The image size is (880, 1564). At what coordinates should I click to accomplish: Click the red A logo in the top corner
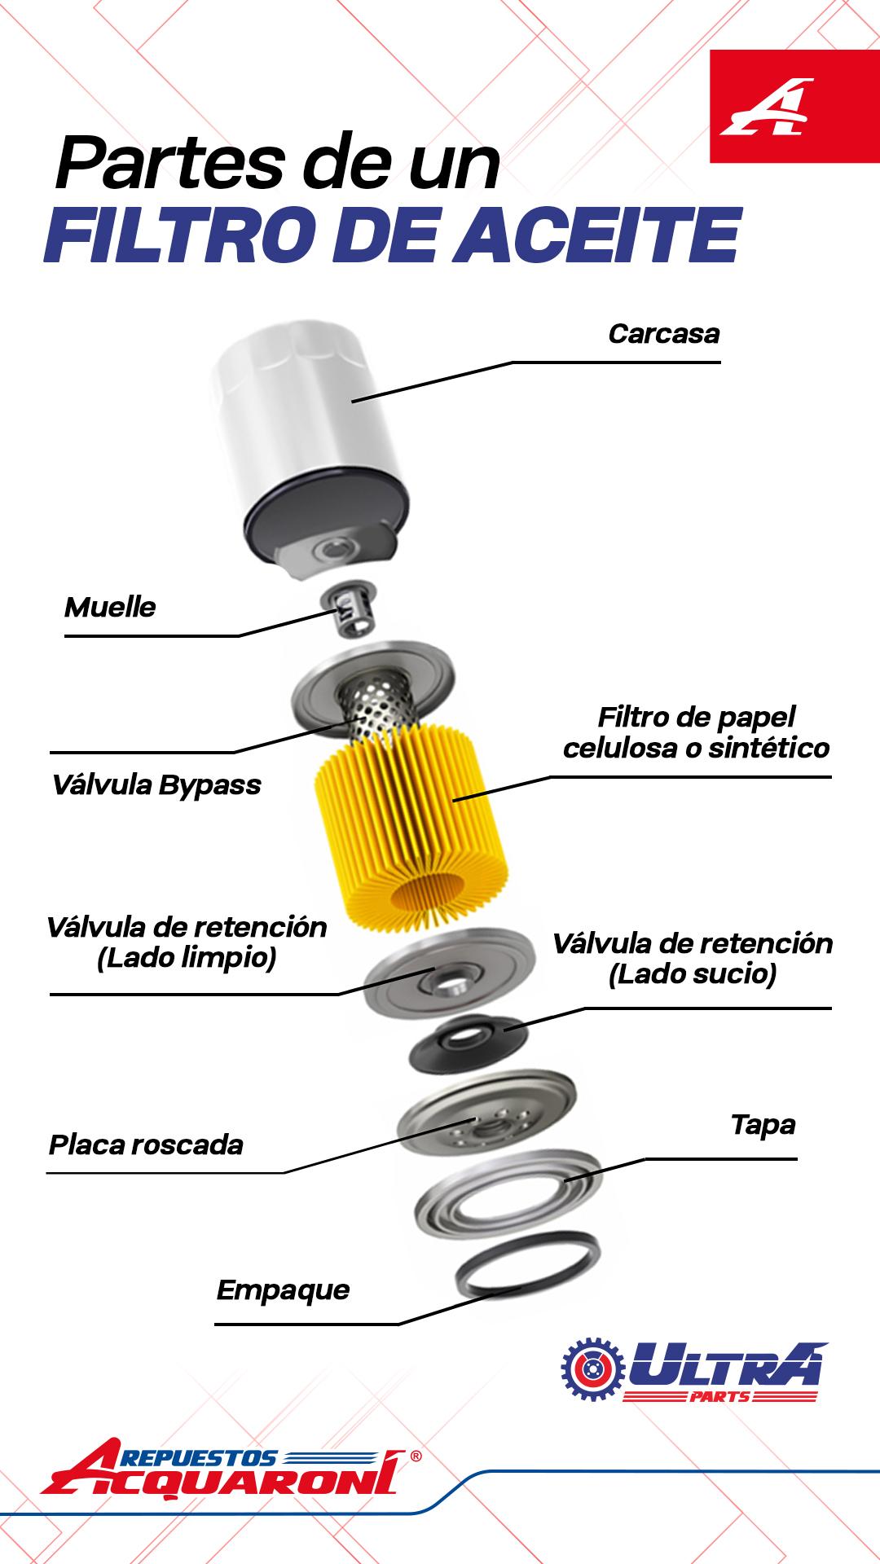pyautogui.click(x=767, y=107)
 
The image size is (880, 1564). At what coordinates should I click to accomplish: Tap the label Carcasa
pyautogui.click(x=663, y=334)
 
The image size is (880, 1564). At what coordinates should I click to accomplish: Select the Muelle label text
pyautogui.click(x=110, y=608)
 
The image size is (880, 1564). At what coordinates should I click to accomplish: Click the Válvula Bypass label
pyautogui.click(x=157, y=785)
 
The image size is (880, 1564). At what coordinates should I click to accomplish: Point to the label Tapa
pyautogui.click(x=763, y=1125)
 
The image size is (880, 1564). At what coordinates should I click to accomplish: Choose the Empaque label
pyautogui.click(x=283, y=1290)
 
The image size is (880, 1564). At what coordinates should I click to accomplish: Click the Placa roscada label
pyautogui.click(x=146, y=1145)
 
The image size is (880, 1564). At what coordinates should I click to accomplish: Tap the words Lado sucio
pyautogui.click(x=692, y=973)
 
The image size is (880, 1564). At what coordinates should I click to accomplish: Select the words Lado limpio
pyautogui.click(x=187, y=958)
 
